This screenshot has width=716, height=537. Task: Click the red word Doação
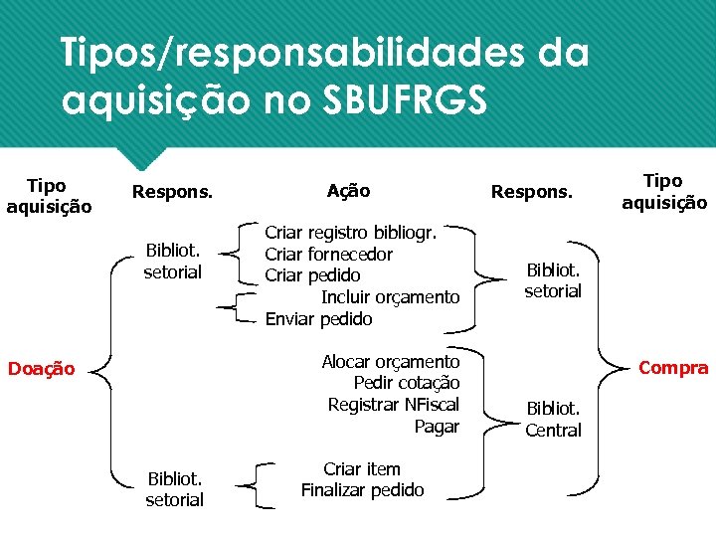pyautogui.click(x=41, y=369)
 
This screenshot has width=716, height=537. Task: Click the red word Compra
pyautogui.click(x=673, y=368)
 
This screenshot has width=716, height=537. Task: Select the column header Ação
pyautogui.click(x=348, y=190)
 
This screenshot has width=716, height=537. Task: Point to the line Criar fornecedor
pyautogui.click(x=328, y=255)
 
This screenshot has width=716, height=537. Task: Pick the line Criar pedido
pyautogui.click(x=312, y=275)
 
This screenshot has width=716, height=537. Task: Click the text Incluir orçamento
pyautogui.click(x=390, y=297)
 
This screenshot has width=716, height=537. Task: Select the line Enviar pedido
pyautogui.click(x=318, y=319)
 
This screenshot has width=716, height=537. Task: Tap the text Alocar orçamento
pyautogui.click(x=390, y=362)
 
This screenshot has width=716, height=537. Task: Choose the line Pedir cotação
pyautogui.click(x=406, y=383)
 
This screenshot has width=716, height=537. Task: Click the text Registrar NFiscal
pyautogui.click(x=393, y=405)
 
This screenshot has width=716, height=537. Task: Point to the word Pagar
pyautogui.click(x=437, y=427)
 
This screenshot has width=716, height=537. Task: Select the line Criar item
pyautogui.click(x=362, y=469)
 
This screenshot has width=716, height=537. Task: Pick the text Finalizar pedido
pyautogui.click(x=362, y=490)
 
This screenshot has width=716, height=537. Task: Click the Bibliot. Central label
pyautogui.click(x=553, y=419)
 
